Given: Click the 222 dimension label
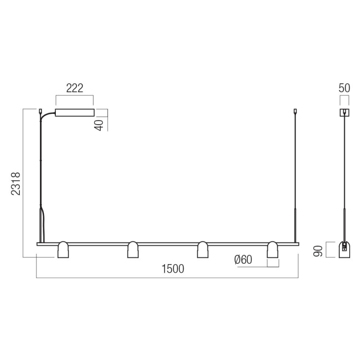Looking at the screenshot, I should click(x=75, y=88).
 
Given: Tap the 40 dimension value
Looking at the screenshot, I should click(x=101, y=123).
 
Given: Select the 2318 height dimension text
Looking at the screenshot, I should click(x=16, y=184).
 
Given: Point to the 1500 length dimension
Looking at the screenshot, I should click(x=172, y=269).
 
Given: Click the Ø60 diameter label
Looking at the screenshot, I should click(x=243, y=260).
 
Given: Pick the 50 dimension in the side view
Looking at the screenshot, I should click(x=344, y=88).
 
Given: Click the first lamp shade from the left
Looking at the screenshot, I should click(x=63, y=250).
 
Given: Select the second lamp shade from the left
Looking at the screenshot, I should click(x=132, y=250).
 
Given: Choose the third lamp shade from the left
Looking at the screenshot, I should click(x=202, y=250).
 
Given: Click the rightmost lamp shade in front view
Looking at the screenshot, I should click(x=272, y=250).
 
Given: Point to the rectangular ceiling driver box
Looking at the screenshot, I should click(x=75, y=113).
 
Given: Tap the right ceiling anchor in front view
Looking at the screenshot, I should click(x=295, y=111).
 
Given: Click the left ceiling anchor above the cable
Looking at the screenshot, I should click(x=40, y=111).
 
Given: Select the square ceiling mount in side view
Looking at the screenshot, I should click(x=344, y=112).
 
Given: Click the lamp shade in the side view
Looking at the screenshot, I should click(x=344, y=250).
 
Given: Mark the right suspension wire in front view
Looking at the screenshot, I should click(x=295, y=171).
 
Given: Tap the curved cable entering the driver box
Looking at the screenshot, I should click(x=47, y=116).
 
